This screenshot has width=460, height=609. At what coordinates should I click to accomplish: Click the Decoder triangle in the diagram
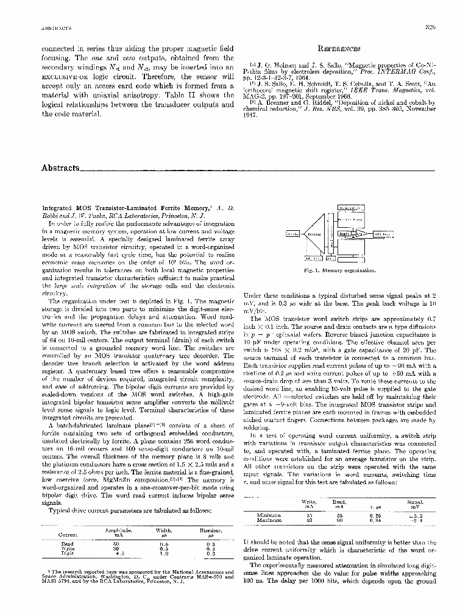coord(317,233)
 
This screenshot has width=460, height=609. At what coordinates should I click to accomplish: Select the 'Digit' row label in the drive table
coord(67,554)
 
